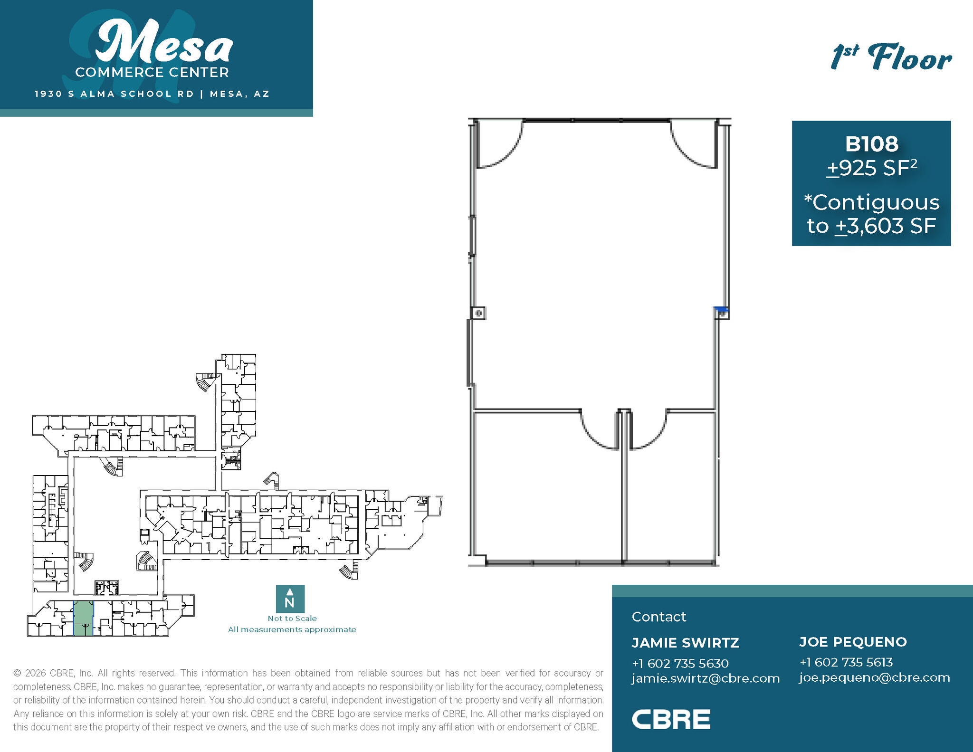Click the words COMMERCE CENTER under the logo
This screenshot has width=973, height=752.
tap(152, 73)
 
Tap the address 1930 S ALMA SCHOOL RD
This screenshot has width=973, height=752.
tap(114, 94)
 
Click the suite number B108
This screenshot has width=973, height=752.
tap(871, 144)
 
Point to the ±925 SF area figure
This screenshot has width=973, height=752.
tap(871, 168)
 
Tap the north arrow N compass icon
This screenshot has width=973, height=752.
tap(290, 599)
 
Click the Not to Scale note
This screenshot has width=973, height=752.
tap(292, 619)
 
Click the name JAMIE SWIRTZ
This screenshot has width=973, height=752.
tap(685, 643)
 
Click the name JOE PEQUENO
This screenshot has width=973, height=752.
tap(853, 642)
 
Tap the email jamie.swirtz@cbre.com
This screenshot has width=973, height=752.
tap(706, 678)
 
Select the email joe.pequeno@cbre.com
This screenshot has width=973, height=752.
tap(874, 677)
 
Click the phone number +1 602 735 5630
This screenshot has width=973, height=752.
tap(680, 663)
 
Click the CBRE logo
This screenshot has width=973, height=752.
tap(671, 720)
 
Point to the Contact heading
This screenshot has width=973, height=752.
tap(658, 617)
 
